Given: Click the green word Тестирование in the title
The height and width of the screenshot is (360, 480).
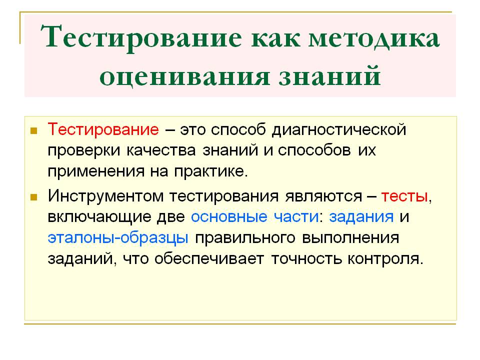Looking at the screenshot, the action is [141, 37].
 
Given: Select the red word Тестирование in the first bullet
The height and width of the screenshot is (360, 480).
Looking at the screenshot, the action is [103, 129].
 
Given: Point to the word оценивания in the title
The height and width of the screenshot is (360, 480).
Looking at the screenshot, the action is [184, 75].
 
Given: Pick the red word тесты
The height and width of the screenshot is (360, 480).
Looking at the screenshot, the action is [404, 196].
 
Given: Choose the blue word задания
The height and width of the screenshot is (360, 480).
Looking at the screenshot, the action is [361, 216].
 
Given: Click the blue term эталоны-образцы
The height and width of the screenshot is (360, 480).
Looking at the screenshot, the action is [118, 238].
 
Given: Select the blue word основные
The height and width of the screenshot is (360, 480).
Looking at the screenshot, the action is [229, 216].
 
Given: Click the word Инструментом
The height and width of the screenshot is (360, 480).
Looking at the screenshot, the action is [105, 196].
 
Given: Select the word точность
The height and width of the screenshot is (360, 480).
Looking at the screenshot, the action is [306, 259].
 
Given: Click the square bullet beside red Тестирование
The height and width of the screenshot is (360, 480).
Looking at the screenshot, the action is [33, 131].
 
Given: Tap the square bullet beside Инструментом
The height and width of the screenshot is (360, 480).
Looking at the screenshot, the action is [33, 197].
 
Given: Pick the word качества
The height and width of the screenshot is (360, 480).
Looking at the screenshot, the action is [161, 150].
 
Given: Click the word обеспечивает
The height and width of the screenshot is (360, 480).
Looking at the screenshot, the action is [209, 259].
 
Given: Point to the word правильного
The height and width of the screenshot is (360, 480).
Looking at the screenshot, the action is [245, 238].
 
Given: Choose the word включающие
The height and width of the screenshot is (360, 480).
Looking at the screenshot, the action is [99, 217].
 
